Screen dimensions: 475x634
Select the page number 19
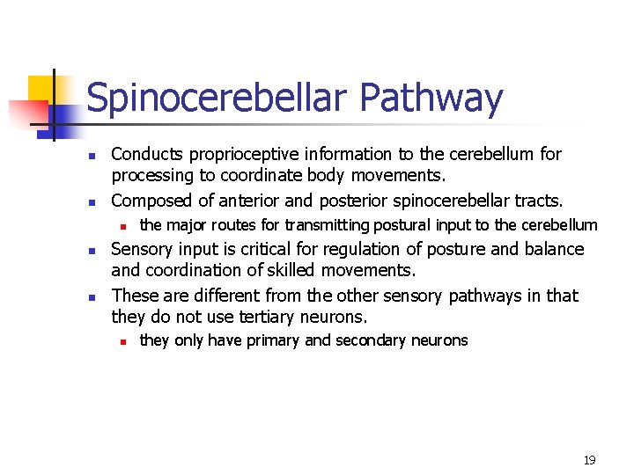pos(589,460)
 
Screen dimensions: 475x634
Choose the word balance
pos(553,250)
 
